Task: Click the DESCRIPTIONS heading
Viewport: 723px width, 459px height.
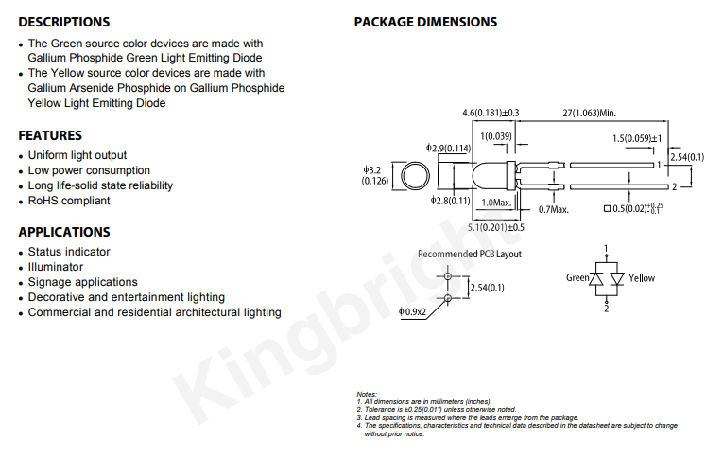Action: click(64, 22)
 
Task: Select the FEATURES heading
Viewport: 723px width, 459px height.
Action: click(50, 135)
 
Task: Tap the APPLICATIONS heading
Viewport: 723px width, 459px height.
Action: click(64, 232)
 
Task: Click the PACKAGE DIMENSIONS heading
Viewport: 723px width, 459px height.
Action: click(425, 22)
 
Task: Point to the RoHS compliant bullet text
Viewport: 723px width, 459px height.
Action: click(69, 201)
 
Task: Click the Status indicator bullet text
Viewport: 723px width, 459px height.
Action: click(69, 252)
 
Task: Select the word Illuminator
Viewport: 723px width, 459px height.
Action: click(56, 267)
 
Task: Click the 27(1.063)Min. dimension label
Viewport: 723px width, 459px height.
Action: click(590, 113)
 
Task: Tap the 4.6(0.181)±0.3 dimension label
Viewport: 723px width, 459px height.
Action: click(491, 113)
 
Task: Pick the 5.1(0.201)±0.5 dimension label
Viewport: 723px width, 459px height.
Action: click(495, 227)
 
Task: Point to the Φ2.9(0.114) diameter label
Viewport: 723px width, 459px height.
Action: click(448, 148)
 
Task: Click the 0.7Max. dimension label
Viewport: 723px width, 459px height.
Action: click(553, 210)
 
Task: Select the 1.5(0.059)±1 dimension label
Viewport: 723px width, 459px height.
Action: click(637, 138)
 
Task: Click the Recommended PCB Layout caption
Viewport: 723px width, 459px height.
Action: click(470, 254)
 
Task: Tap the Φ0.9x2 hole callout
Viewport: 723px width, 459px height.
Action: click(412, 311)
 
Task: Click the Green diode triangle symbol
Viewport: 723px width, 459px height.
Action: click(596, 279)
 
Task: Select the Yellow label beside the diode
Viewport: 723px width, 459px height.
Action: click(642, 278)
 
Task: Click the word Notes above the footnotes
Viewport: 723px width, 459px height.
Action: click(367, 394)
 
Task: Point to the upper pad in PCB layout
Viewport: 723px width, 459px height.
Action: click(448, 276)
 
